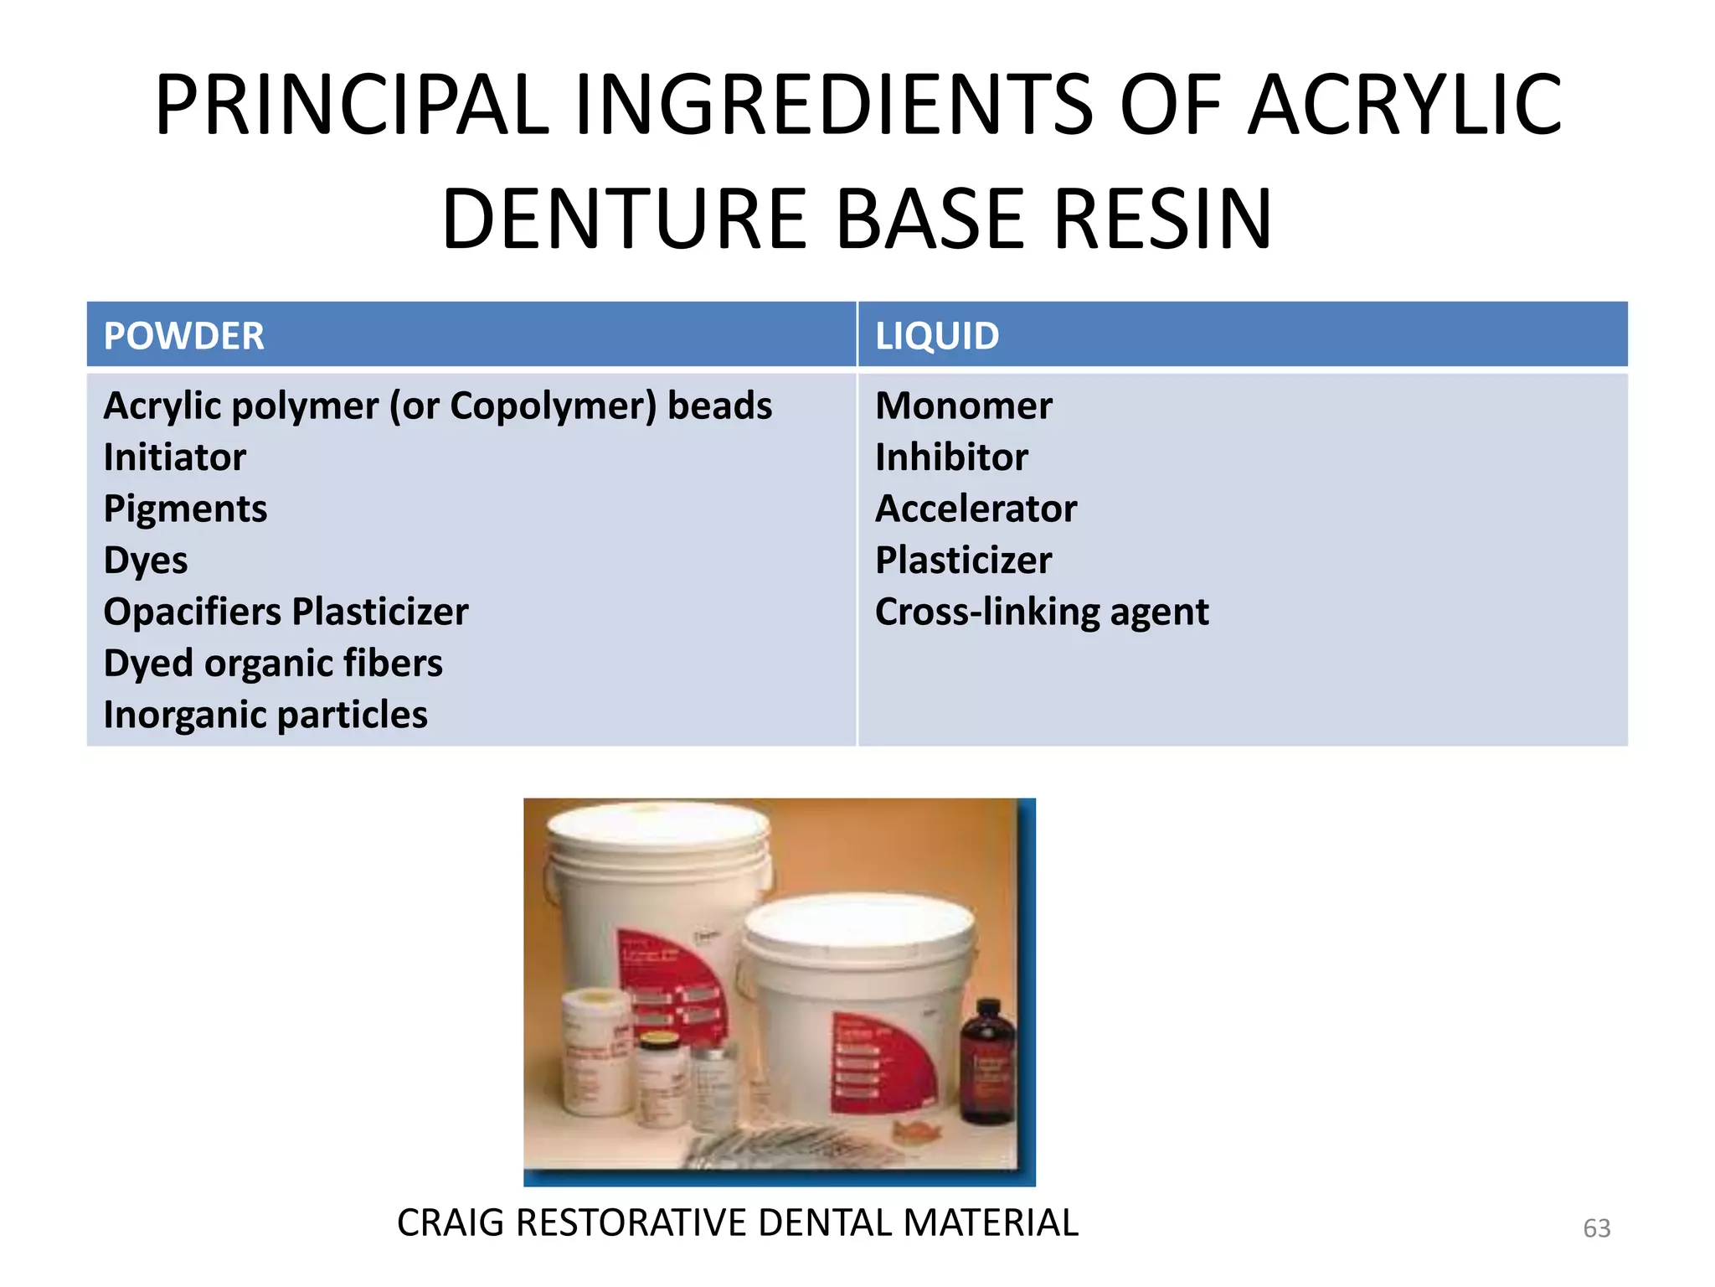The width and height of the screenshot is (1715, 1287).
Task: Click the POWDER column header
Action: [x=183, y=336]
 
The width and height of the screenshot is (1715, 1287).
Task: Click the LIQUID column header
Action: [x=936, y=336]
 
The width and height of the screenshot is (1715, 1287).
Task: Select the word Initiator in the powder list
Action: [x=174, y=457]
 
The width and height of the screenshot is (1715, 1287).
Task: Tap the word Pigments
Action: [x=185, y=509]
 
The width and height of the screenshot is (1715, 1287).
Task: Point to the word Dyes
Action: [x=145, y=561]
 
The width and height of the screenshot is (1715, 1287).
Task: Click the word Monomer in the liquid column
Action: [x=963, y=406]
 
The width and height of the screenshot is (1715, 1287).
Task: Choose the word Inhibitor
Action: [x=951, y=457]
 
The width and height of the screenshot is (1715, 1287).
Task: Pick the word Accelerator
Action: [x=976, y=509]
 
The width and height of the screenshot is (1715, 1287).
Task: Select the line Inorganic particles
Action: [x=265, y=715]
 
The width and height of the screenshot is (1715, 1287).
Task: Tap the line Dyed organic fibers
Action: [x=272, y=664]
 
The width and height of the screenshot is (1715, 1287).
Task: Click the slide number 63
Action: [x=1596, y=1228]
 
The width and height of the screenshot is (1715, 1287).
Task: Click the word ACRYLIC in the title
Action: [x=1404, y=106]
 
